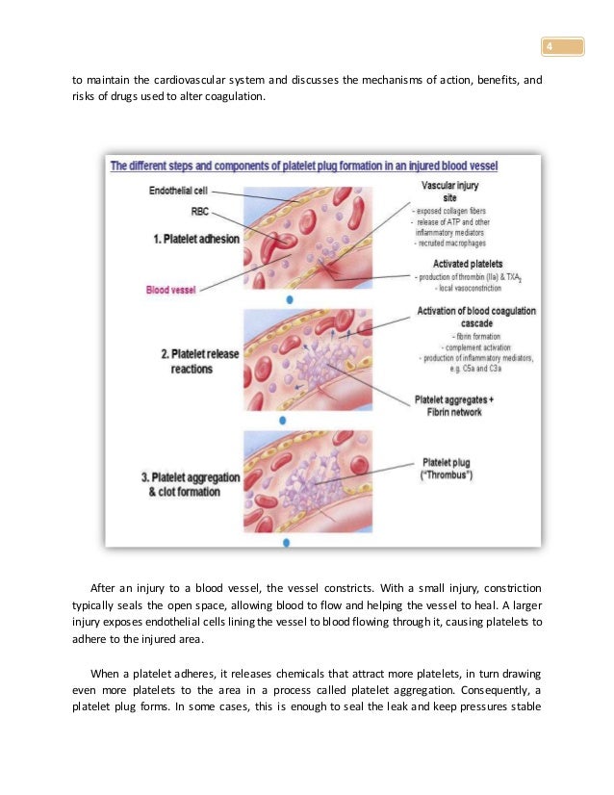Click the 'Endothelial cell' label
[x=177, y=191]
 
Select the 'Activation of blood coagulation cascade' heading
[x=476, y=317]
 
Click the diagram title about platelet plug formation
[x=321, y=165]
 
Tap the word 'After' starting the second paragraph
[x=102, y=586]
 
